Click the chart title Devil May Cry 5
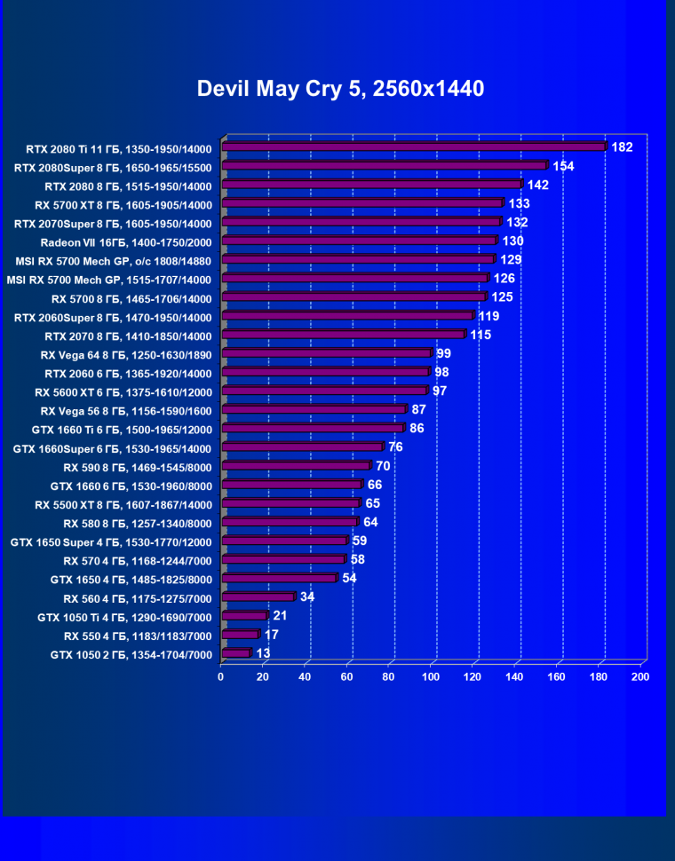pos(340,89)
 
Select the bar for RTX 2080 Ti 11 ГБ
pos(414,146)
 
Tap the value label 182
pos(622,146)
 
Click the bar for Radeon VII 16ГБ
pos(359,241)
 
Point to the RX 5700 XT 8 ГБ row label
pos(123,203)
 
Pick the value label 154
pos(564,166)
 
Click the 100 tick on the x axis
pos(431,677)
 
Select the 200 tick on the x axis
pos(639,677)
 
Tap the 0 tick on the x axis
pos(221,677)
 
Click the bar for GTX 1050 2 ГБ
pos(236,653)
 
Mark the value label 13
pos(264,653)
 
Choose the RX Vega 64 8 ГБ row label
pos(126,354)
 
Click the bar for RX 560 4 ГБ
pos(258,596)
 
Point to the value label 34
pos(307,596)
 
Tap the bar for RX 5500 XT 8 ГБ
pos(290,503)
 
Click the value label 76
pos(395,446)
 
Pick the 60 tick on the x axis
pos(347,677)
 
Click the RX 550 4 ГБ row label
pos(138,636)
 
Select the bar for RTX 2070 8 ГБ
pos(343,335)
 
